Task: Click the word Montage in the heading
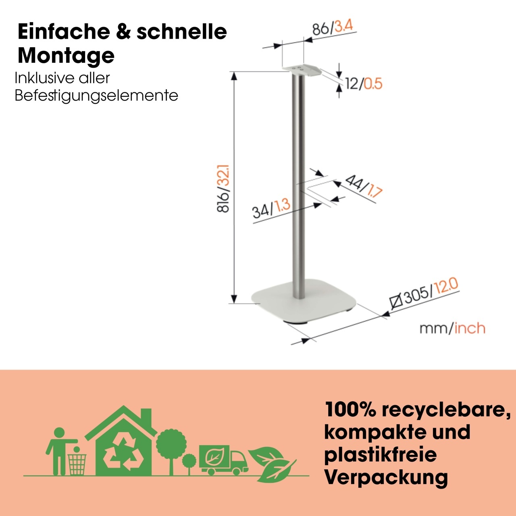pyautogui.click(x=66, y=56)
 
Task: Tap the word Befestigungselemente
pyautogui.click(x=96, y=96)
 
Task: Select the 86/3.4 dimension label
pyautogui.click(x=333, y=27)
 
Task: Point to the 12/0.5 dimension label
pyautogui.click(x=364, y=84)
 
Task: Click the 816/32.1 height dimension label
pyautogui.click(x=223, y=189)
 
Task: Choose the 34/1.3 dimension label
pyautogui.click(x=271, y=209)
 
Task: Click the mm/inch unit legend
pyautogui.click(x=452, y=328)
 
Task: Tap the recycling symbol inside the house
pyautogui.click(x=123, y=454)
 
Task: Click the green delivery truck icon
pyautogui.click(x=223, y=460)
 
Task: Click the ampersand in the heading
pyautogui.click(x=123, y=32)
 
